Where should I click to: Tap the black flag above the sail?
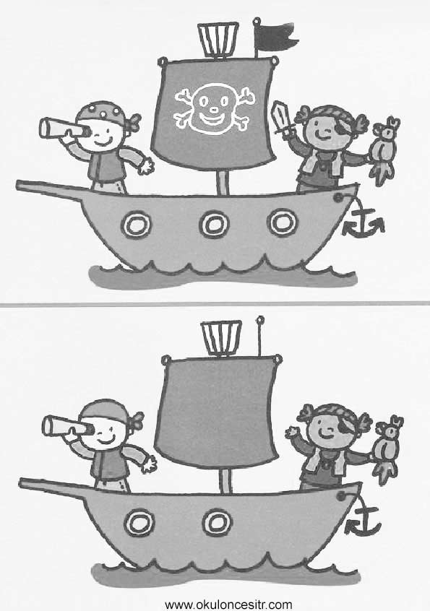(x=275, y=37)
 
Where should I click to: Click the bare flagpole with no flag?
(x=260, y=336)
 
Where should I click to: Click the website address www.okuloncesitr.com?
(x=228, y=604)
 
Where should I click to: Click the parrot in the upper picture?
(x=386, y=150)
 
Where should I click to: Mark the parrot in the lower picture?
(x=388, y=448)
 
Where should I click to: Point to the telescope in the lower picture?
(x=67, y=426)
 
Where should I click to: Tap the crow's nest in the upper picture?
(x=218, y=39)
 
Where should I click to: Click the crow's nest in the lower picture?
(x=221, y=337)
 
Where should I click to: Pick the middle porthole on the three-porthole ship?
(x=214, y=224)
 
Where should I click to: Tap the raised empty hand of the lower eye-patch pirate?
(x=291, y=432)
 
